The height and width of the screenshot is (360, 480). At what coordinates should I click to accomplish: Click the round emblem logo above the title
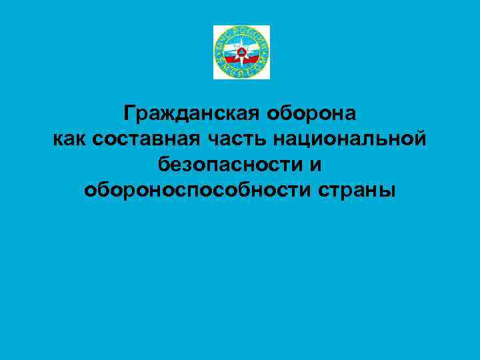(x=241, y=52)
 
